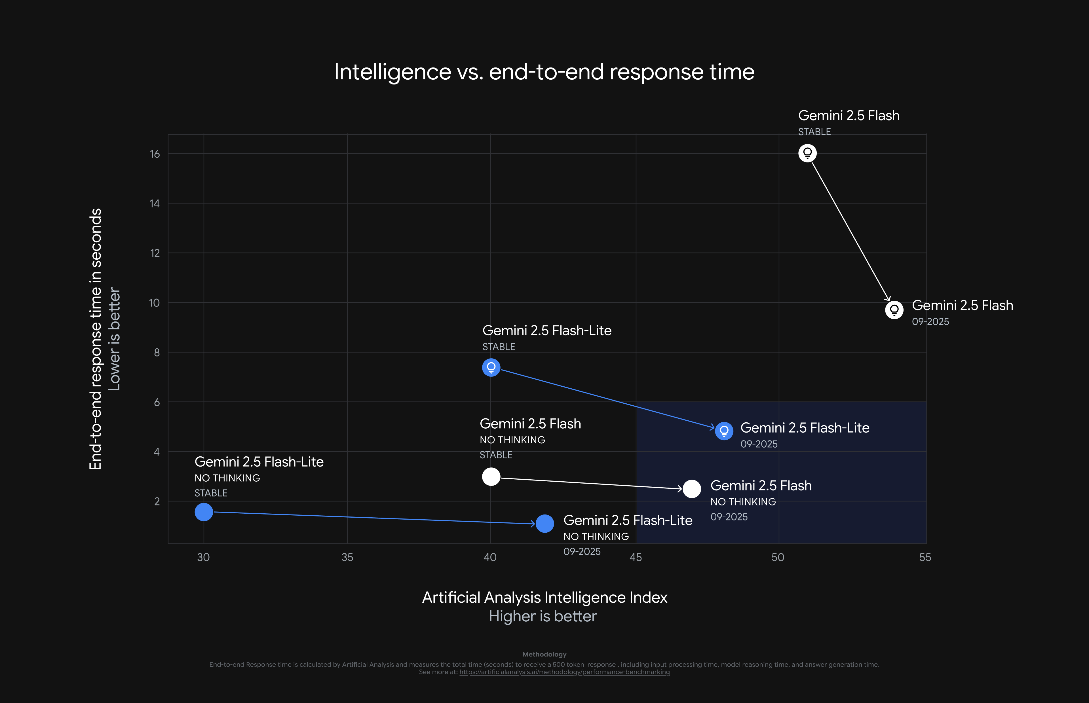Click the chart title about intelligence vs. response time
point(544,72)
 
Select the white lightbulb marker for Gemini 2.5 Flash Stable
point(807,153)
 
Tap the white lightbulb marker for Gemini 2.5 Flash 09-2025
point(894,310)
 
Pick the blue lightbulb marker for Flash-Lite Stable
point(491,367)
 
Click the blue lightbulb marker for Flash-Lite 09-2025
point(724,431)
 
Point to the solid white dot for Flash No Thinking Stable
point(491,477)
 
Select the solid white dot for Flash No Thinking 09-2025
point(692,489)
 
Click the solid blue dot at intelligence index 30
point(204,512)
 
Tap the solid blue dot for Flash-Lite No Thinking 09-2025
point(545,524)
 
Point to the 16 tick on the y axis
point(155,154)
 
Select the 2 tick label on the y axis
point(157,501)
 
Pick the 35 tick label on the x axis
point(347,557)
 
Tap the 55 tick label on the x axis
point(925,557)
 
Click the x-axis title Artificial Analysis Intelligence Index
point(544,597)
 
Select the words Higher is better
point(543,616)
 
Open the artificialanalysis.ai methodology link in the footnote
point(564,672)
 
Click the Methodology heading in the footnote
point(544,654)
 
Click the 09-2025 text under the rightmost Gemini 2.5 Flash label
point(930,321)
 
